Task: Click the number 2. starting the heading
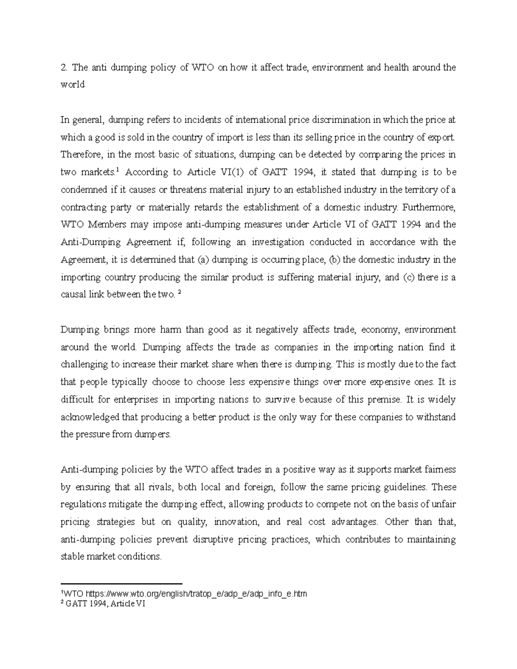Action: (64, 67)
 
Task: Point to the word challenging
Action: (84, 365)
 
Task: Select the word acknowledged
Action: (89, 417)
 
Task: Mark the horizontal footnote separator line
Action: (122, 583)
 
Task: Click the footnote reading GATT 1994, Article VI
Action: (106, 604)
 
